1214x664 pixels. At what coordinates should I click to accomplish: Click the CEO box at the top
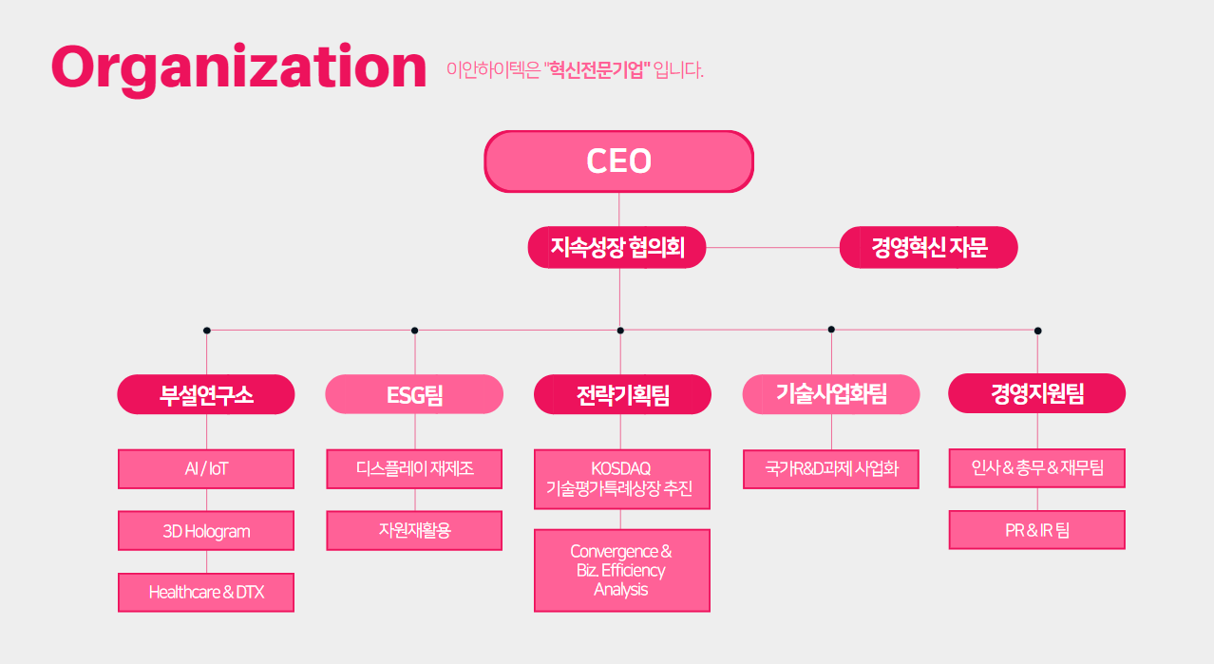[x=619, y=161]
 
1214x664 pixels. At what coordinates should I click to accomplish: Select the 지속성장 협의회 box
[x=616, y=247]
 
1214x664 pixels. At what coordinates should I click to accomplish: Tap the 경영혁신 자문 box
[x=928, y=247]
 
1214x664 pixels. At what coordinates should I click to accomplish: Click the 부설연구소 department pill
[x=206, y=394]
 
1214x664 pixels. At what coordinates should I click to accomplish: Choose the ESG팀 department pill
[x=414, y=394]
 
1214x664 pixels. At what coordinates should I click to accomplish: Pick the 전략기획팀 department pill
[x=622, y=394]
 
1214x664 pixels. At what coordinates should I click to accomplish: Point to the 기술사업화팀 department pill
[x=831, y=394]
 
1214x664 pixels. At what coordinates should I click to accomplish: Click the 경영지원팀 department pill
[x=1036, y=393]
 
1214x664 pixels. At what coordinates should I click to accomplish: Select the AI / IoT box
[x=206, y=469]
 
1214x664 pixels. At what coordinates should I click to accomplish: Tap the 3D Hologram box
[x=206, y=531]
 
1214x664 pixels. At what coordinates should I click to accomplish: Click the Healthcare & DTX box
[x=206, y=593]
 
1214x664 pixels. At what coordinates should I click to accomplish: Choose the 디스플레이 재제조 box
[x=414, y=469]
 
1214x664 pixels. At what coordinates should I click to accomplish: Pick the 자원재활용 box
[x=414, y=531]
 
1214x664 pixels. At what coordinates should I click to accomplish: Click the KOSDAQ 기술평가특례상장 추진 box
[x=622, y=479]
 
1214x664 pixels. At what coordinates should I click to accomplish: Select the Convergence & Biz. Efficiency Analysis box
[x=622, y=571]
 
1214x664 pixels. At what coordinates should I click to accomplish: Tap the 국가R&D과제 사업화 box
[x=831, y=469]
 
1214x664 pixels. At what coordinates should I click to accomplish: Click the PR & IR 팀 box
[x=1036, y=529]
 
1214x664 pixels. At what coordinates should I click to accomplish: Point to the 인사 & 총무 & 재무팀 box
[x=1036, y=467]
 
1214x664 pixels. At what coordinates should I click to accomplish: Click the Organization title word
[x=238, y=68]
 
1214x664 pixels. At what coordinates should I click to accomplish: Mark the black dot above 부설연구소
[x=206, y=331]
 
